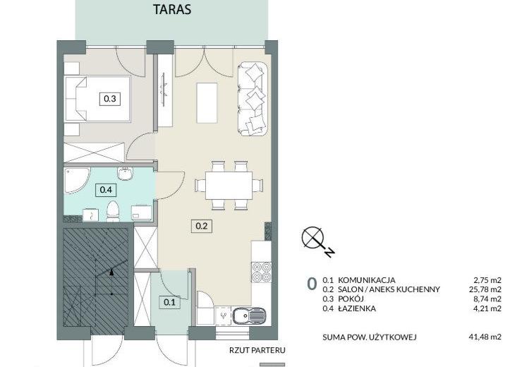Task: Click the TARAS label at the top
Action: (x=172, y=9)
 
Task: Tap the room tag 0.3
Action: (x=110, y=99)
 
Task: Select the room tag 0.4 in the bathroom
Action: (x=106, y=190)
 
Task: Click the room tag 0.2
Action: (x=202, y=226)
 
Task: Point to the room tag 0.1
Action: (x=169, y=302)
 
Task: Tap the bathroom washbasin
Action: (x=125, y=174)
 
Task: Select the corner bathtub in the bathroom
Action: (x=77, y=180)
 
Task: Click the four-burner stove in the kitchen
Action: (x=261, y=272)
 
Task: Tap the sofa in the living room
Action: (x=253, y=99)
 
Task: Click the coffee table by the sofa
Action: (x=207, y=102)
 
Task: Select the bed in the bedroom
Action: (x=97, y=99)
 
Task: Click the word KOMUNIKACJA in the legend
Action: (x=367, y=280)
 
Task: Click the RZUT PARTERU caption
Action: (x=257, y=350)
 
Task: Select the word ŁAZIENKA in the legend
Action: (x=357, y=308)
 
